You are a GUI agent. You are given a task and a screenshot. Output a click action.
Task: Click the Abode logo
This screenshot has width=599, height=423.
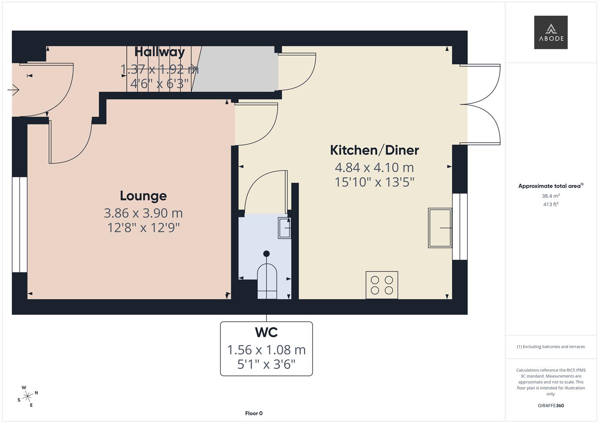pos(550,32)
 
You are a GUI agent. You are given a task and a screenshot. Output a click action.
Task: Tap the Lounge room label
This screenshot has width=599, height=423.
pos(143,195)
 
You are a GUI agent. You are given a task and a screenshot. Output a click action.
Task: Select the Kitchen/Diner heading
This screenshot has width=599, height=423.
pos(374,150)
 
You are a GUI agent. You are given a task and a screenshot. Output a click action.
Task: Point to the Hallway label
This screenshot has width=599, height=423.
pos(160,52)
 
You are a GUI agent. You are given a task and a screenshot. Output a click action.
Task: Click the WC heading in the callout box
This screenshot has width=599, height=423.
pos(266,332)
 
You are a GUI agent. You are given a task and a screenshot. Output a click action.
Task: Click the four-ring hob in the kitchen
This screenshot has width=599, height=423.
pos(382,285)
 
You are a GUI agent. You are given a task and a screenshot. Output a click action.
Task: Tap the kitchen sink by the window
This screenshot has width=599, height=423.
pos(440,228)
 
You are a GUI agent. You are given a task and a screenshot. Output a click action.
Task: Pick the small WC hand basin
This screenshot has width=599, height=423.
pos(284,228)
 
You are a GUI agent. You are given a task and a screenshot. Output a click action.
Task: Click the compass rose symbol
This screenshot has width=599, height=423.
pos(27,396)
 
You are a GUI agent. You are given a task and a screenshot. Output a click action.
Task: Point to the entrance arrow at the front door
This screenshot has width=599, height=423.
pos(13,90)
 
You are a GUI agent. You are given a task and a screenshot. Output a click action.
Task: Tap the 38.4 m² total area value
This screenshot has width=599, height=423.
pos(551,196)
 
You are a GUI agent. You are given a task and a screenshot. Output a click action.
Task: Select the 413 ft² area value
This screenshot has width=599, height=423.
pos(551,204)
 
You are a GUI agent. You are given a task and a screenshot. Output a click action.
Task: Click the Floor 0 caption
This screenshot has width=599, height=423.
pos(253,413)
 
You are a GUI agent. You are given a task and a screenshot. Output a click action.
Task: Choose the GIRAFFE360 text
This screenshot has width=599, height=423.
pos(551,405)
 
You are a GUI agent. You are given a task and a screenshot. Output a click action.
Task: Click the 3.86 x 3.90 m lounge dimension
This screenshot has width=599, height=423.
pos(143,213)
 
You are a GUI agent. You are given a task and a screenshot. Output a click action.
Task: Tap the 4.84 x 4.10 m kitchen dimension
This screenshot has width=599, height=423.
pos(374,168)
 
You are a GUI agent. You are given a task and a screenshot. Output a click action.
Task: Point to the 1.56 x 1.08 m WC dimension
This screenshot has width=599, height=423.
pos(266,350)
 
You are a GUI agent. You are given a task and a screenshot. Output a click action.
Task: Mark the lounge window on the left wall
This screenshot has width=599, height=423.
pos(20,224)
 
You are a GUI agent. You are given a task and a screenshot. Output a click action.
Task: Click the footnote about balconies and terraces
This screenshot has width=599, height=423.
pos(551,347)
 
